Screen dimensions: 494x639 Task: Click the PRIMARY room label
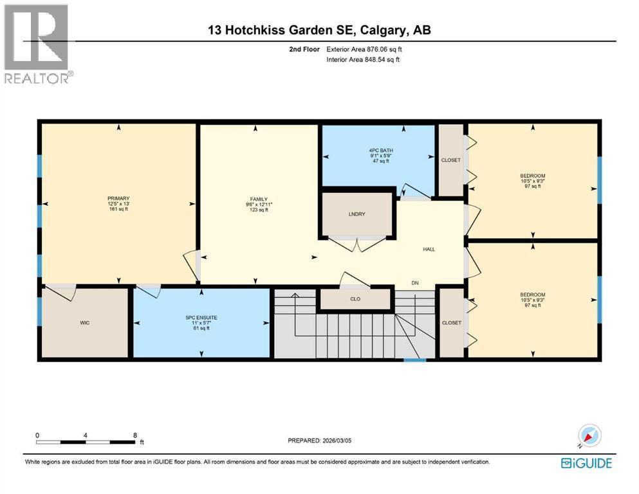119,198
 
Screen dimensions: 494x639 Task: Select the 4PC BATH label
378,149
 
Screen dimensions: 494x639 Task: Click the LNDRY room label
357,214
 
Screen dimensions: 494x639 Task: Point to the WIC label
85,322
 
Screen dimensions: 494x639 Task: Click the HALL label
429,250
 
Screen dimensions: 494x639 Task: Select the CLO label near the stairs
355,299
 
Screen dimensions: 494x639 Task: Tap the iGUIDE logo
586,462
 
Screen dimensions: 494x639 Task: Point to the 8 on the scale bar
135,435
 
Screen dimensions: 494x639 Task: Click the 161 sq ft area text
119,209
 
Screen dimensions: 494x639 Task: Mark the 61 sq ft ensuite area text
201,328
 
